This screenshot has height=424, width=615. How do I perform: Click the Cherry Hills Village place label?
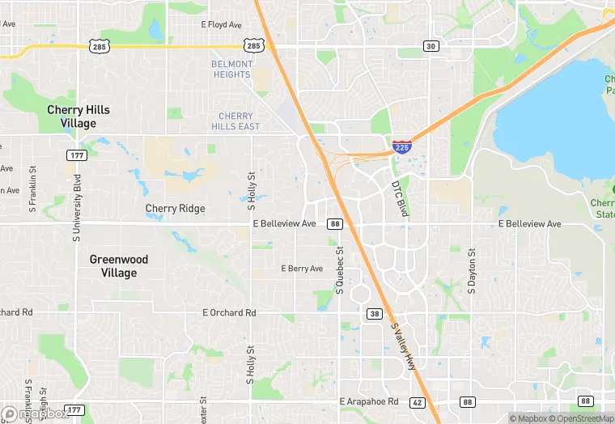(x=78, y=117)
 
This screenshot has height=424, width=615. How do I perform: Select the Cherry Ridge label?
(x=175, y=209)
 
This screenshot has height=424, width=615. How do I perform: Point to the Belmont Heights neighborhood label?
(x=232, y=69)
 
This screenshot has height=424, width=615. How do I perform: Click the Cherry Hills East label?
(x=235, y=121)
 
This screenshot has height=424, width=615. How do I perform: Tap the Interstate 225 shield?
(x=401, y=146)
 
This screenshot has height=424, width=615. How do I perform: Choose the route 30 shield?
(x=431, y=46)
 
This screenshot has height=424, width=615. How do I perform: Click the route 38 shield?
(x=375, y=313)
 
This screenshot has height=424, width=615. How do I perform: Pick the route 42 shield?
(x=417, y=401)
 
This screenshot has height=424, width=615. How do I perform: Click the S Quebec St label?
(x=341, y=270)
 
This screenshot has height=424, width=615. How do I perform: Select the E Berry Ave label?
(x=302, y=269)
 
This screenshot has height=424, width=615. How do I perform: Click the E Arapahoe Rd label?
(x=369, y=401)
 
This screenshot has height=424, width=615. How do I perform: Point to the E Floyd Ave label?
(x=221, y=25)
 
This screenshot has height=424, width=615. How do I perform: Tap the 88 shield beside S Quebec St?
(x=334, y=223)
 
